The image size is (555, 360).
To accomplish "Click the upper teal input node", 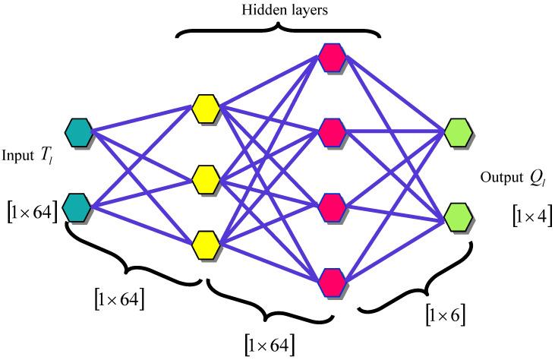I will pyautogui.click(x=77, y=133).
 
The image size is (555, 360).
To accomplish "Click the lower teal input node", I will pyautogui.click(x=77, y=205).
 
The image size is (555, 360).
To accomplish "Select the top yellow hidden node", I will pyautogui.click(x=206, y=108).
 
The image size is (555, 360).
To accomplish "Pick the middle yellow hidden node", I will pyautogui.click(x=206, y=179).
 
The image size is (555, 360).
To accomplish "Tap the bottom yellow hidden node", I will pyautogui.click(x=206, y=244).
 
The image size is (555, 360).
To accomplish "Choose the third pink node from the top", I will pyautogui.click(x=332, y=205).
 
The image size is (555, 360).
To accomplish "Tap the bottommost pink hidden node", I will pyautogui.click(x=332, y=279).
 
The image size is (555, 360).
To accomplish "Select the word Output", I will pyautogui.click(x=499, y=178).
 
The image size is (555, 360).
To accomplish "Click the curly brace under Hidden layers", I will pyautogui.click(x=278, y=31).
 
